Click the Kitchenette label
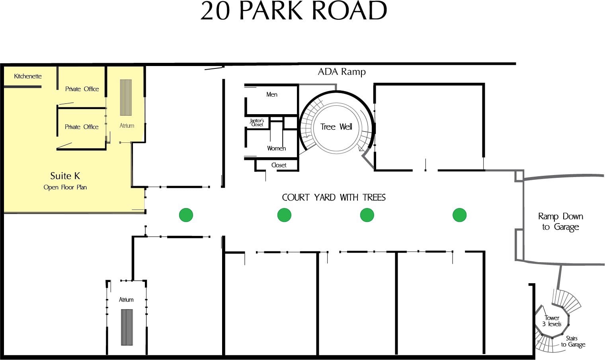pyautogui.click(x=28, y=76)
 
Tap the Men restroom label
pyautogui.click(x=272, y=94)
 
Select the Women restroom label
pyautogui.click(x=276, y=148)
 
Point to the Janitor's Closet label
pyautogui.click(x=257, y=123)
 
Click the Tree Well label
pyautogui.click(x=336, y=126)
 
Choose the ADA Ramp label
pyautogui.click(x=342, y=72)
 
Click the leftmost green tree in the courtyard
pyautogui.click(x=186, y=215)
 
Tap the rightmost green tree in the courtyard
pyautogui.click(x=459, y=215)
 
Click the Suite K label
pyautogui.click(x=65, y=176)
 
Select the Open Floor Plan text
pyautogui.click(x=65, y=187)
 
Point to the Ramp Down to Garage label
pyautogui.click(x=560, y=222)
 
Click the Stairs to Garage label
pyautogui.click(x=573, y=341)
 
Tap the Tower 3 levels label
pyautogui.click(x=552, y=321)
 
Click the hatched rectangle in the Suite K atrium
pyautogui.click(x=126, y=97)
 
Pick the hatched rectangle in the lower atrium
pyautogui.click(x=127, y=327)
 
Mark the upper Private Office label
pyautogui.click(x=82, y=89)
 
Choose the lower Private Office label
pyautogui.click(x=82, y=127)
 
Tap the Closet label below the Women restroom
pyautogui.click(x=279, y=165)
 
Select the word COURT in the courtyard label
pyautogui.click(x=296, y=197)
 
